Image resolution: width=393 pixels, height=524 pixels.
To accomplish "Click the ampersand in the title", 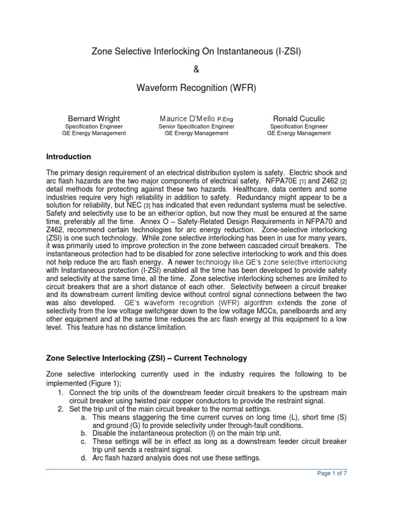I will coord(196,70).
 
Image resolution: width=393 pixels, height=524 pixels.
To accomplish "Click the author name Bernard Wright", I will coord(94,119).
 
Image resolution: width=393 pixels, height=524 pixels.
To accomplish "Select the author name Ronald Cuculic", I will coord(298,119).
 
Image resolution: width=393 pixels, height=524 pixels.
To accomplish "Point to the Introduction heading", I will coord(69,157).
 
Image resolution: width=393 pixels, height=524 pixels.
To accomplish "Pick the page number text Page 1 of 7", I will coord(332,474).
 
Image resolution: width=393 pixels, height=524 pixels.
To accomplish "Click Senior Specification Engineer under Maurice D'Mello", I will coord(196,126).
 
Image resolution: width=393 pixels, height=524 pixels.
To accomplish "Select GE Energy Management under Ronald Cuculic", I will coord(298,134).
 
